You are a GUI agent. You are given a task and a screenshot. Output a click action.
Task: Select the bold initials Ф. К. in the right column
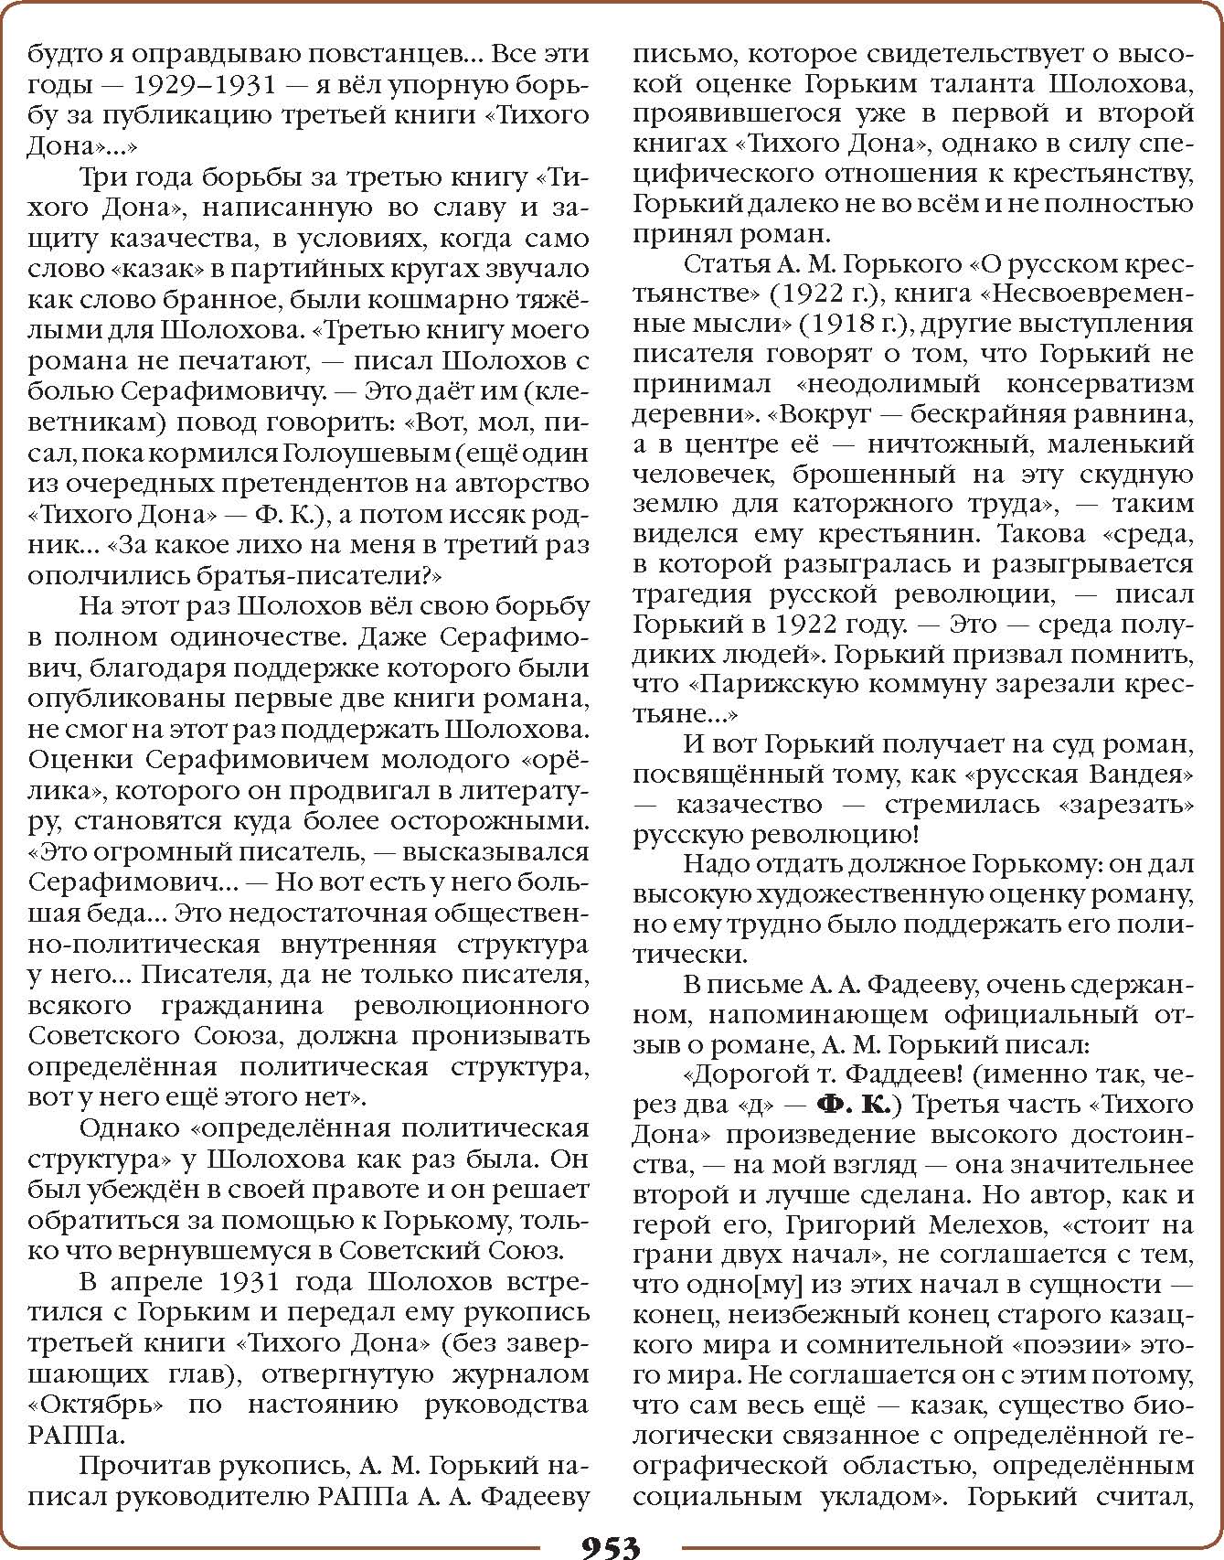click(854, 1105)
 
